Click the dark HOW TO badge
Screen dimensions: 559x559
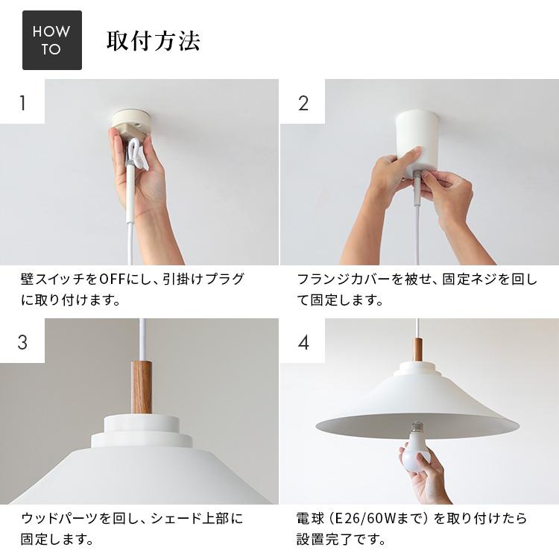pos(51,40)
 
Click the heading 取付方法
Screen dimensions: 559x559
pos(154,40)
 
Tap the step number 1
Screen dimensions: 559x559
pos(22,102)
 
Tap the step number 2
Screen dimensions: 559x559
pos(303,102)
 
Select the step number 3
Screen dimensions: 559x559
pos(22,341)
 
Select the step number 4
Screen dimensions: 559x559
pos(303,341)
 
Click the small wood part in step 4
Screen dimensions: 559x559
pos(417,349)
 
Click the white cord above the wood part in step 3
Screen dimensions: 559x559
pos(141,339)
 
